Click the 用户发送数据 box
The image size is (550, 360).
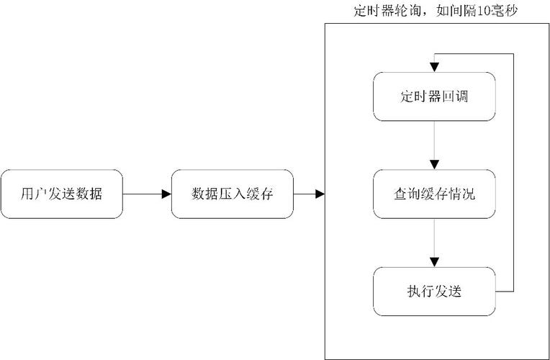(x=61, y=194)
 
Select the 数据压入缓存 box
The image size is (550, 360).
(x=232, y=194)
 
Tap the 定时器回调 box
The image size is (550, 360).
(x=434, y=96)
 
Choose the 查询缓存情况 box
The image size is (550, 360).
(x=434, y=194)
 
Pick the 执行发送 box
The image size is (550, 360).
(x=434, y=291)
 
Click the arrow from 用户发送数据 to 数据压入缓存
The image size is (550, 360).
(x=147, y=194)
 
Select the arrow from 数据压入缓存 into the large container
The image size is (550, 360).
(x=309, y=194)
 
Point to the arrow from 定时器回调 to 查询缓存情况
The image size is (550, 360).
(x=434, y=145)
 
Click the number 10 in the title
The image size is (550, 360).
(x=495, y=11)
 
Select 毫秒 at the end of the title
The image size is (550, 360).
(x=517, y=11)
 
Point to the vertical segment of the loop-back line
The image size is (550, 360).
(x=514, y=173)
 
